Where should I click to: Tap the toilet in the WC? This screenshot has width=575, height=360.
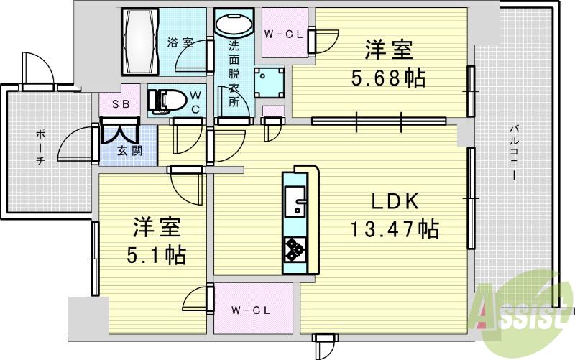(x=165, y=100)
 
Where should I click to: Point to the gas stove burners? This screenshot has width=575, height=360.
(x=294, y=249)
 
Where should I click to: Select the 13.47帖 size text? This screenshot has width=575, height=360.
(x=395, y=229)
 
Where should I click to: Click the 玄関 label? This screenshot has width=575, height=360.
(x=129, y=151)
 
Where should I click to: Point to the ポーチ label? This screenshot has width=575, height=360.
(x=40, y=147)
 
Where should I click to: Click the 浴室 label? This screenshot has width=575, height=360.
(x=180, y=42)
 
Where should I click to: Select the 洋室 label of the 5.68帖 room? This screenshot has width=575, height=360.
(x=389, y=50)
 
